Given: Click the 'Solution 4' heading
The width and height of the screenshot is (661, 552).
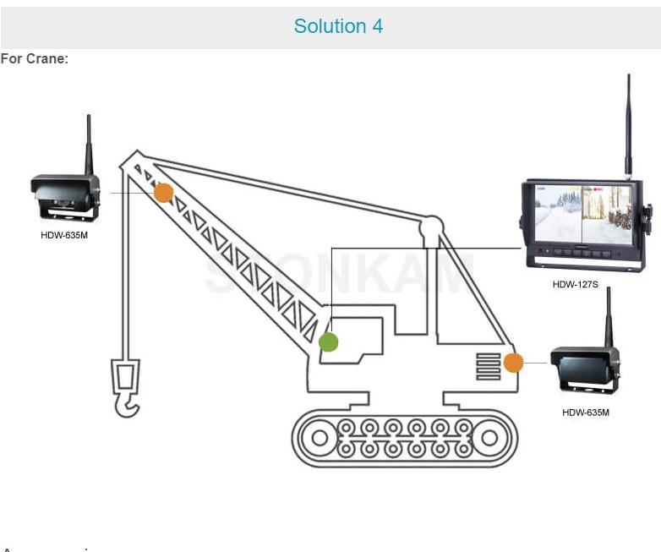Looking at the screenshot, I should (x=338, y=26).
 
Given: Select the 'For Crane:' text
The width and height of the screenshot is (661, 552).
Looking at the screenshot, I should (x=35, y=58).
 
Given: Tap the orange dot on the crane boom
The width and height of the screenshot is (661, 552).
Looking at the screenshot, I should (x=164, y=193).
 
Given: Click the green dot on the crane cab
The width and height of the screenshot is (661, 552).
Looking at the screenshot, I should (x=329, y=342).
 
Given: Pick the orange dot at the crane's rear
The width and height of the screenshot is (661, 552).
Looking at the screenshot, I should (x=513, y=363).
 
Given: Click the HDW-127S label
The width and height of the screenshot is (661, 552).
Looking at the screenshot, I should (x=575, y=285).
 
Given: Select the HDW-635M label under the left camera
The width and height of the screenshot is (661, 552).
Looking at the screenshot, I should (x=64, y=235).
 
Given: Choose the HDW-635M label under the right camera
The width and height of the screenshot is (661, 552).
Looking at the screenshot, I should (x=585, y=413).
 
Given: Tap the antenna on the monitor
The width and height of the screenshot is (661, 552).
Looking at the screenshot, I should (x=628, y=127).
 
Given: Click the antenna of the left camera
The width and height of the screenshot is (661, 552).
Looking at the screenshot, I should (x=89, y=145).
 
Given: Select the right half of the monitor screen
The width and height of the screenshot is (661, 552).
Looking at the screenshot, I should (x=607, y=215).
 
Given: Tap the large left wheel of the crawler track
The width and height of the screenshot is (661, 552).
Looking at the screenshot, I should (x=320, y=438).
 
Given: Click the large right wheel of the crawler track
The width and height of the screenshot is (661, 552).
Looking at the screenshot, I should (x=489, y=438).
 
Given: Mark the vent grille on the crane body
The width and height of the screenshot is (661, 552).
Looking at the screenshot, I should (x=489, y=366).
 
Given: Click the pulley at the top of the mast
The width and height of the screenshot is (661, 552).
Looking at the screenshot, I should (x=431, y=226).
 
